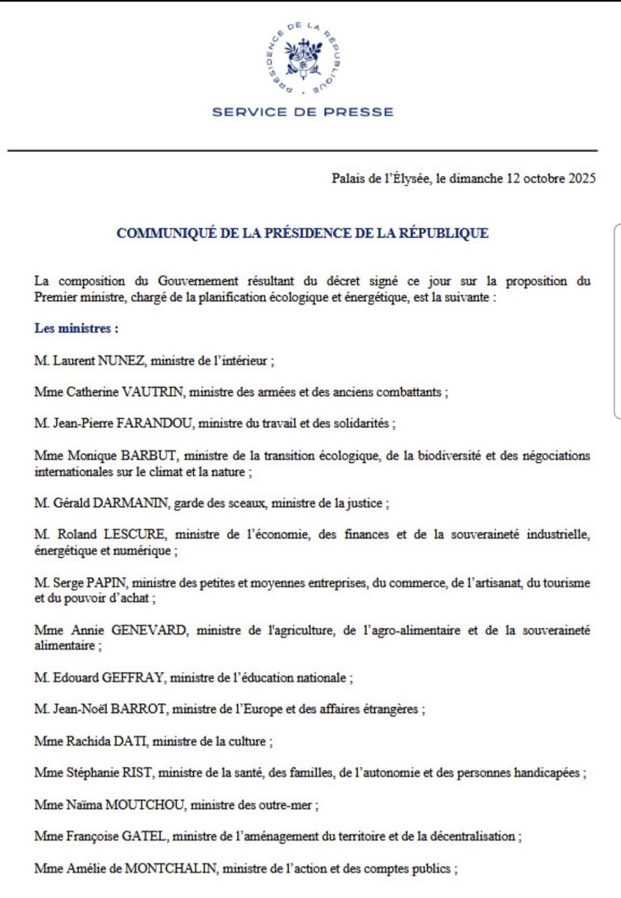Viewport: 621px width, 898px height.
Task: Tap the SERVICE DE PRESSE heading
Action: (x=302, y=112)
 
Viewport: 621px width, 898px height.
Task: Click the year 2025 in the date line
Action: (x=581, y=180)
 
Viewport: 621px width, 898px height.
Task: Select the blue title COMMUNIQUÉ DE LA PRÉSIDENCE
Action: (x=302, y=233)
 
